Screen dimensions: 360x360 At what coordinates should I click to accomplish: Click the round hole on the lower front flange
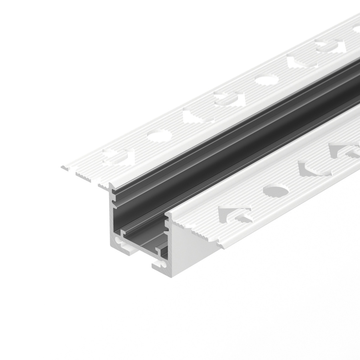(x=276, y=191)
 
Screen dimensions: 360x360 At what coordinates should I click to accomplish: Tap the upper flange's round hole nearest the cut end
(x=158, y=135)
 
